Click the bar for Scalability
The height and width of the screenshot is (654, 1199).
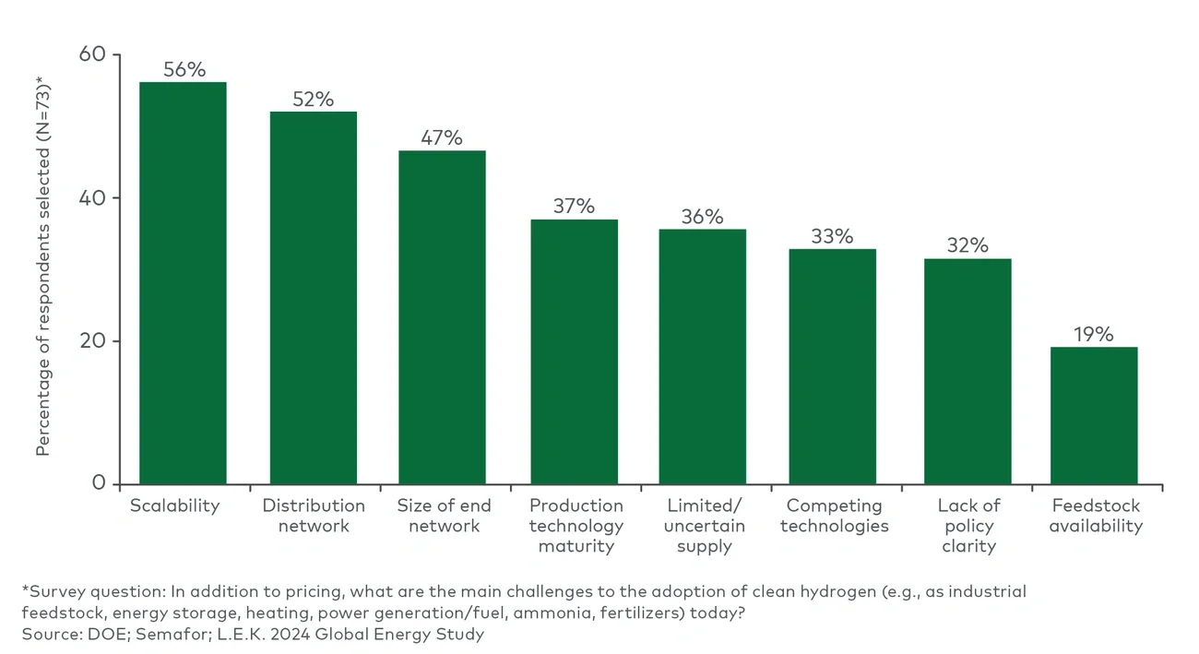point(183,283)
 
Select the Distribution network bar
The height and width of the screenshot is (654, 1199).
point(313,298)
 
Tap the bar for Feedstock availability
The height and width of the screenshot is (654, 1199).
point(1094,415)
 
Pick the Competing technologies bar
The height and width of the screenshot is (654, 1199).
point(832,366)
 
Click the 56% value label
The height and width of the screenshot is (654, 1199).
point(184,69)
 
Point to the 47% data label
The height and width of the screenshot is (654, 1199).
point(442,137)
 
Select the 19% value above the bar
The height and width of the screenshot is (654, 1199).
point(1094,334)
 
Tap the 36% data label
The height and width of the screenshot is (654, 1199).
point(702,217)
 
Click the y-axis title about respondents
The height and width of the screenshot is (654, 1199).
point(43,268)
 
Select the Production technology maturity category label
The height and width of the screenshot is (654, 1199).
point(576,526)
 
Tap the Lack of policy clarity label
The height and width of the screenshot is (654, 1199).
point(968,526)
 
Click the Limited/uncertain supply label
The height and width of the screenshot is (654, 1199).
point(704,526)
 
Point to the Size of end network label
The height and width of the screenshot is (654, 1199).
point(444,516)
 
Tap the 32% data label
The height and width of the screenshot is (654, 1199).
point(968,245)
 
